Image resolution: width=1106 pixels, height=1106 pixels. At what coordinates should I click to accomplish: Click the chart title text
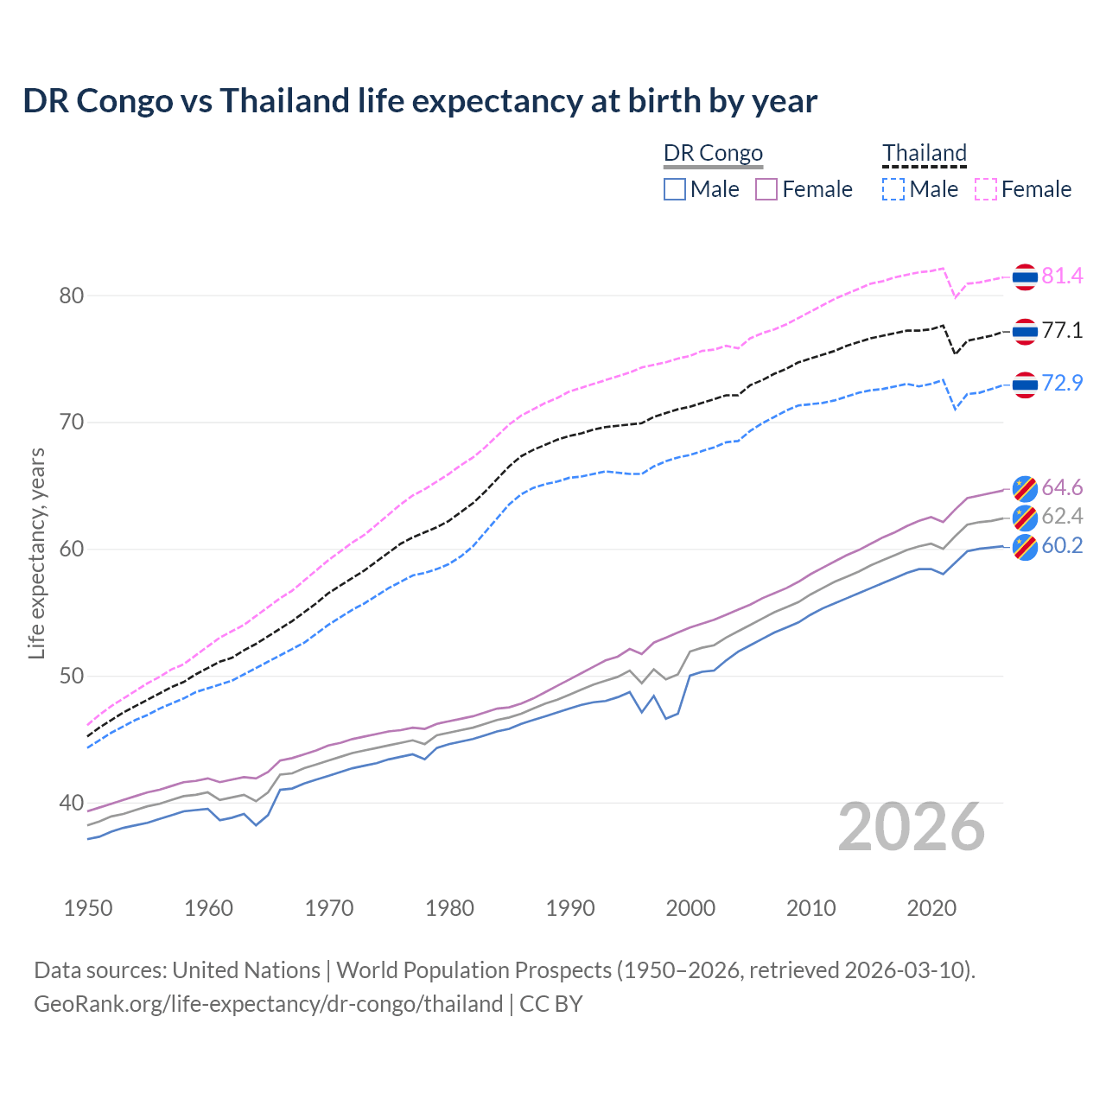(420, 101)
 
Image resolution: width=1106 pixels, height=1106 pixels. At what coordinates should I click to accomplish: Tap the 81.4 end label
(1062, 276)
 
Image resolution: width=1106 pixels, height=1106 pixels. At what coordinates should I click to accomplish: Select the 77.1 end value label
(1062, 330)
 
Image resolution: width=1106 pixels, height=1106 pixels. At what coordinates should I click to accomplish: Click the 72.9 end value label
(1062, 383)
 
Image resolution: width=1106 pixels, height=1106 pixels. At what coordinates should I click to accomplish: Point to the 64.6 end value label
(1062, 488)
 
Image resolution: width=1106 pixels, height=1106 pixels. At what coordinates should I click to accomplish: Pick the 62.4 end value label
(1062, 517)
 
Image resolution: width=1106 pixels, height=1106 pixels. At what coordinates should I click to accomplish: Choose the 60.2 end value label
(1062, 546)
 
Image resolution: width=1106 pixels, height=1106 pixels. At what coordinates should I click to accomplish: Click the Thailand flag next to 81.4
(1025, 276)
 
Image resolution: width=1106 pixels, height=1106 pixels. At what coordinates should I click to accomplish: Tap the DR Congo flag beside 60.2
(1025, 547)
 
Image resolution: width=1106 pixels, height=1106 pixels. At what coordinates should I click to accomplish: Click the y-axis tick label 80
(72, 296)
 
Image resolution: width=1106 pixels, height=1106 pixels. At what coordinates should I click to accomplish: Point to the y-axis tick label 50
(72, 676)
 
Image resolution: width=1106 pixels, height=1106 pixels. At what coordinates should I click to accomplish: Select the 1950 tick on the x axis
(88, 908)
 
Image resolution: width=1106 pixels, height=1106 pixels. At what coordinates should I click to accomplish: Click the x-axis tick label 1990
(570, 908)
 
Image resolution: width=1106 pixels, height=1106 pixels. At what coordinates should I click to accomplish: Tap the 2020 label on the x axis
(931, 908)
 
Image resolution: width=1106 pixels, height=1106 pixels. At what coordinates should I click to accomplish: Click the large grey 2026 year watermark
(912, 827)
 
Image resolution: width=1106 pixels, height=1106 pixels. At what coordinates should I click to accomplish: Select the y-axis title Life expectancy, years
(36, 553)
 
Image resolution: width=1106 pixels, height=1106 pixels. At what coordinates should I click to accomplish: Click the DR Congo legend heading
(713, 153)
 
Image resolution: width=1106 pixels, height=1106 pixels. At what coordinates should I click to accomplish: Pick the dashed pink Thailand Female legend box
(986, 189)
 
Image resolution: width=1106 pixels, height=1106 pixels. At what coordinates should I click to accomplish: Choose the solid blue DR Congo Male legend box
(675, 189)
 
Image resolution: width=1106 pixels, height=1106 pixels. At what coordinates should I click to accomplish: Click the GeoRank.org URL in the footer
(268, 1004)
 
